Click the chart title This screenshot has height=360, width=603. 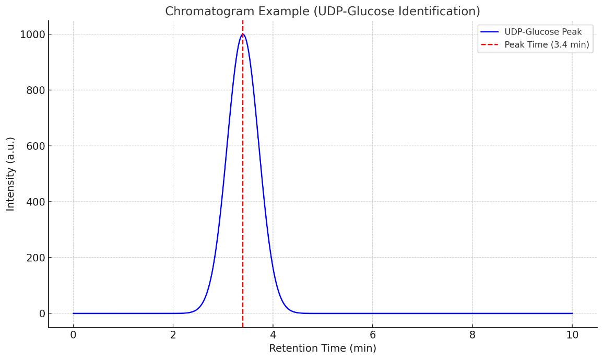coord(322,11)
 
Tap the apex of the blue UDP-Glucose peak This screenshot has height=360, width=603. coord(243,34)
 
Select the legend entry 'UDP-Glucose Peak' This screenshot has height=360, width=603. coord(542,32)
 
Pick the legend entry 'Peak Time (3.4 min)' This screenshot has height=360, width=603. coord(546,45)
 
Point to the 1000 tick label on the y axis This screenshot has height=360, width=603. coord(32,34)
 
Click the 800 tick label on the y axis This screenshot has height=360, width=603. coord(36,90)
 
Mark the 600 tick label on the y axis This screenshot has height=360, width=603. coord(36,146)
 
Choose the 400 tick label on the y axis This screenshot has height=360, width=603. coord(36,202)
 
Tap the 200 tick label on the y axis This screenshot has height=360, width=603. coord(36,258)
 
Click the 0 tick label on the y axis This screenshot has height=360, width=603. coord(42,313)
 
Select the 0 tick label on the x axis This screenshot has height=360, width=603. coord(73,335)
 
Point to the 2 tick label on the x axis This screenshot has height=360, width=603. coord(173,335)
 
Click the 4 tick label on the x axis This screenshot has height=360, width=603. coord(273,335)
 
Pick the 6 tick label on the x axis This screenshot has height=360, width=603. coord(373,335)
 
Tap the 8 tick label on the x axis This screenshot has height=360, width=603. coord(472,335)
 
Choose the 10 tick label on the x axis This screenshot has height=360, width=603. coord(572,335)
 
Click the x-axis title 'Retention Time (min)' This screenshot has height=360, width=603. coord(322,349)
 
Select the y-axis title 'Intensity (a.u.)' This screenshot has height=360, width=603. coord(11,174)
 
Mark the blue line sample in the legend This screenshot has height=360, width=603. coord(489,32)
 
